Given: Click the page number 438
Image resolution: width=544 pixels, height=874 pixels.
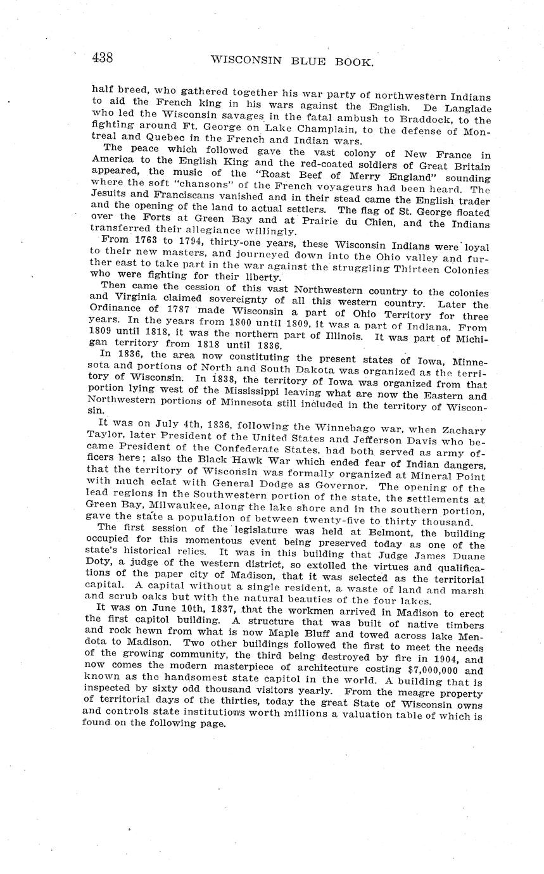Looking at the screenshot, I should pos(103,58).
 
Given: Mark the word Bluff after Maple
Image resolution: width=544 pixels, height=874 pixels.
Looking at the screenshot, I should pos(298,636).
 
